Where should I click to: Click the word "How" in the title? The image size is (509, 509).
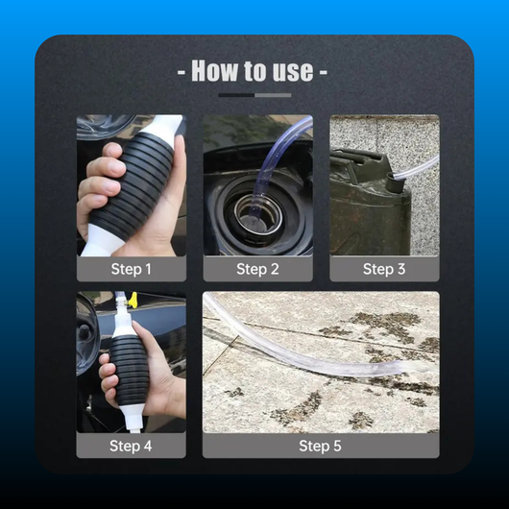pyautogui.click(x=214, y=71)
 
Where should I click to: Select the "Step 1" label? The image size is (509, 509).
pyautogui.click(x=132, y=269)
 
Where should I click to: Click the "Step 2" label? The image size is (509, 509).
pyautogui.click(x=257, y=269)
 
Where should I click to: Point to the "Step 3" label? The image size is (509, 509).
pyautogui.click(x=384, y=269)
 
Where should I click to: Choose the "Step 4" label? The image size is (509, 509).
pyautogui.click(x=131, y=446)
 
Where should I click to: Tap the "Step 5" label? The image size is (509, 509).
pyautogui.click(x=321, y=446)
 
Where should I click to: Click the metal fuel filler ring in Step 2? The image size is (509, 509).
pyautogui.click(x=258, y=214)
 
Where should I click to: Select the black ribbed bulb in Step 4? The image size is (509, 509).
pyautogui.click(x=130, y=370)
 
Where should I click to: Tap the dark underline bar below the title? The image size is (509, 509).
pyautogui.click(x=236, y=95)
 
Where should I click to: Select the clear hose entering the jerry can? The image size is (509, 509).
pyautogui.click(x=417, y=167)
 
